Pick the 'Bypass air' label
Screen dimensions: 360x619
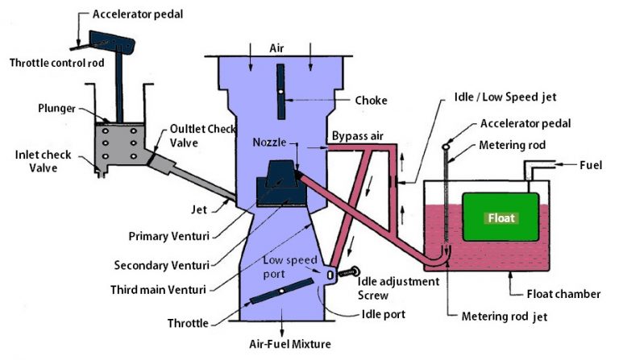[359, 137]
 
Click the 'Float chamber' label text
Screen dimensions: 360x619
[562, 294]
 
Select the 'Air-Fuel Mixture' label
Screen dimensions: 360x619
[279, 344]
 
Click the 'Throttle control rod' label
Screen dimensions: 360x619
[55, 63]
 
